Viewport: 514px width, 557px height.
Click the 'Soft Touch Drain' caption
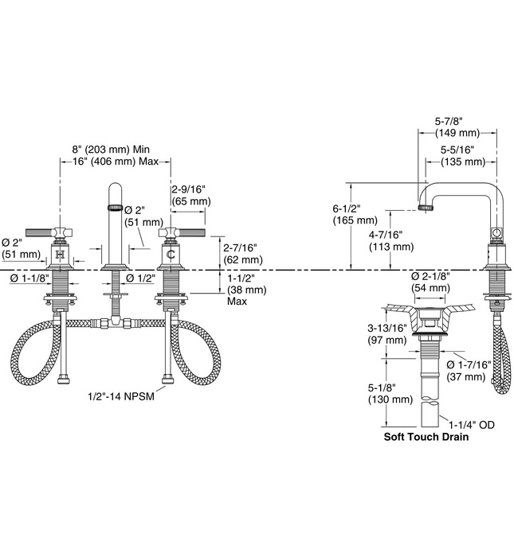pos(425,437)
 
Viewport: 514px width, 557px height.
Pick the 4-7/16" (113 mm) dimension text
pos(391,240)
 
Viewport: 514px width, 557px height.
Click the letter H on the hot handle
pos(61,255)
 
